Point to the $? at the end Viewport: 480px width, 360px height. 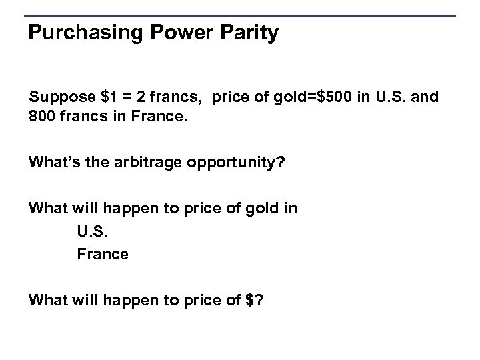click(x=255, y=300)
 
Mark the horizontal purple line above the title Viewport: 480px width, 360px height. click(x=240, y=15)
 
